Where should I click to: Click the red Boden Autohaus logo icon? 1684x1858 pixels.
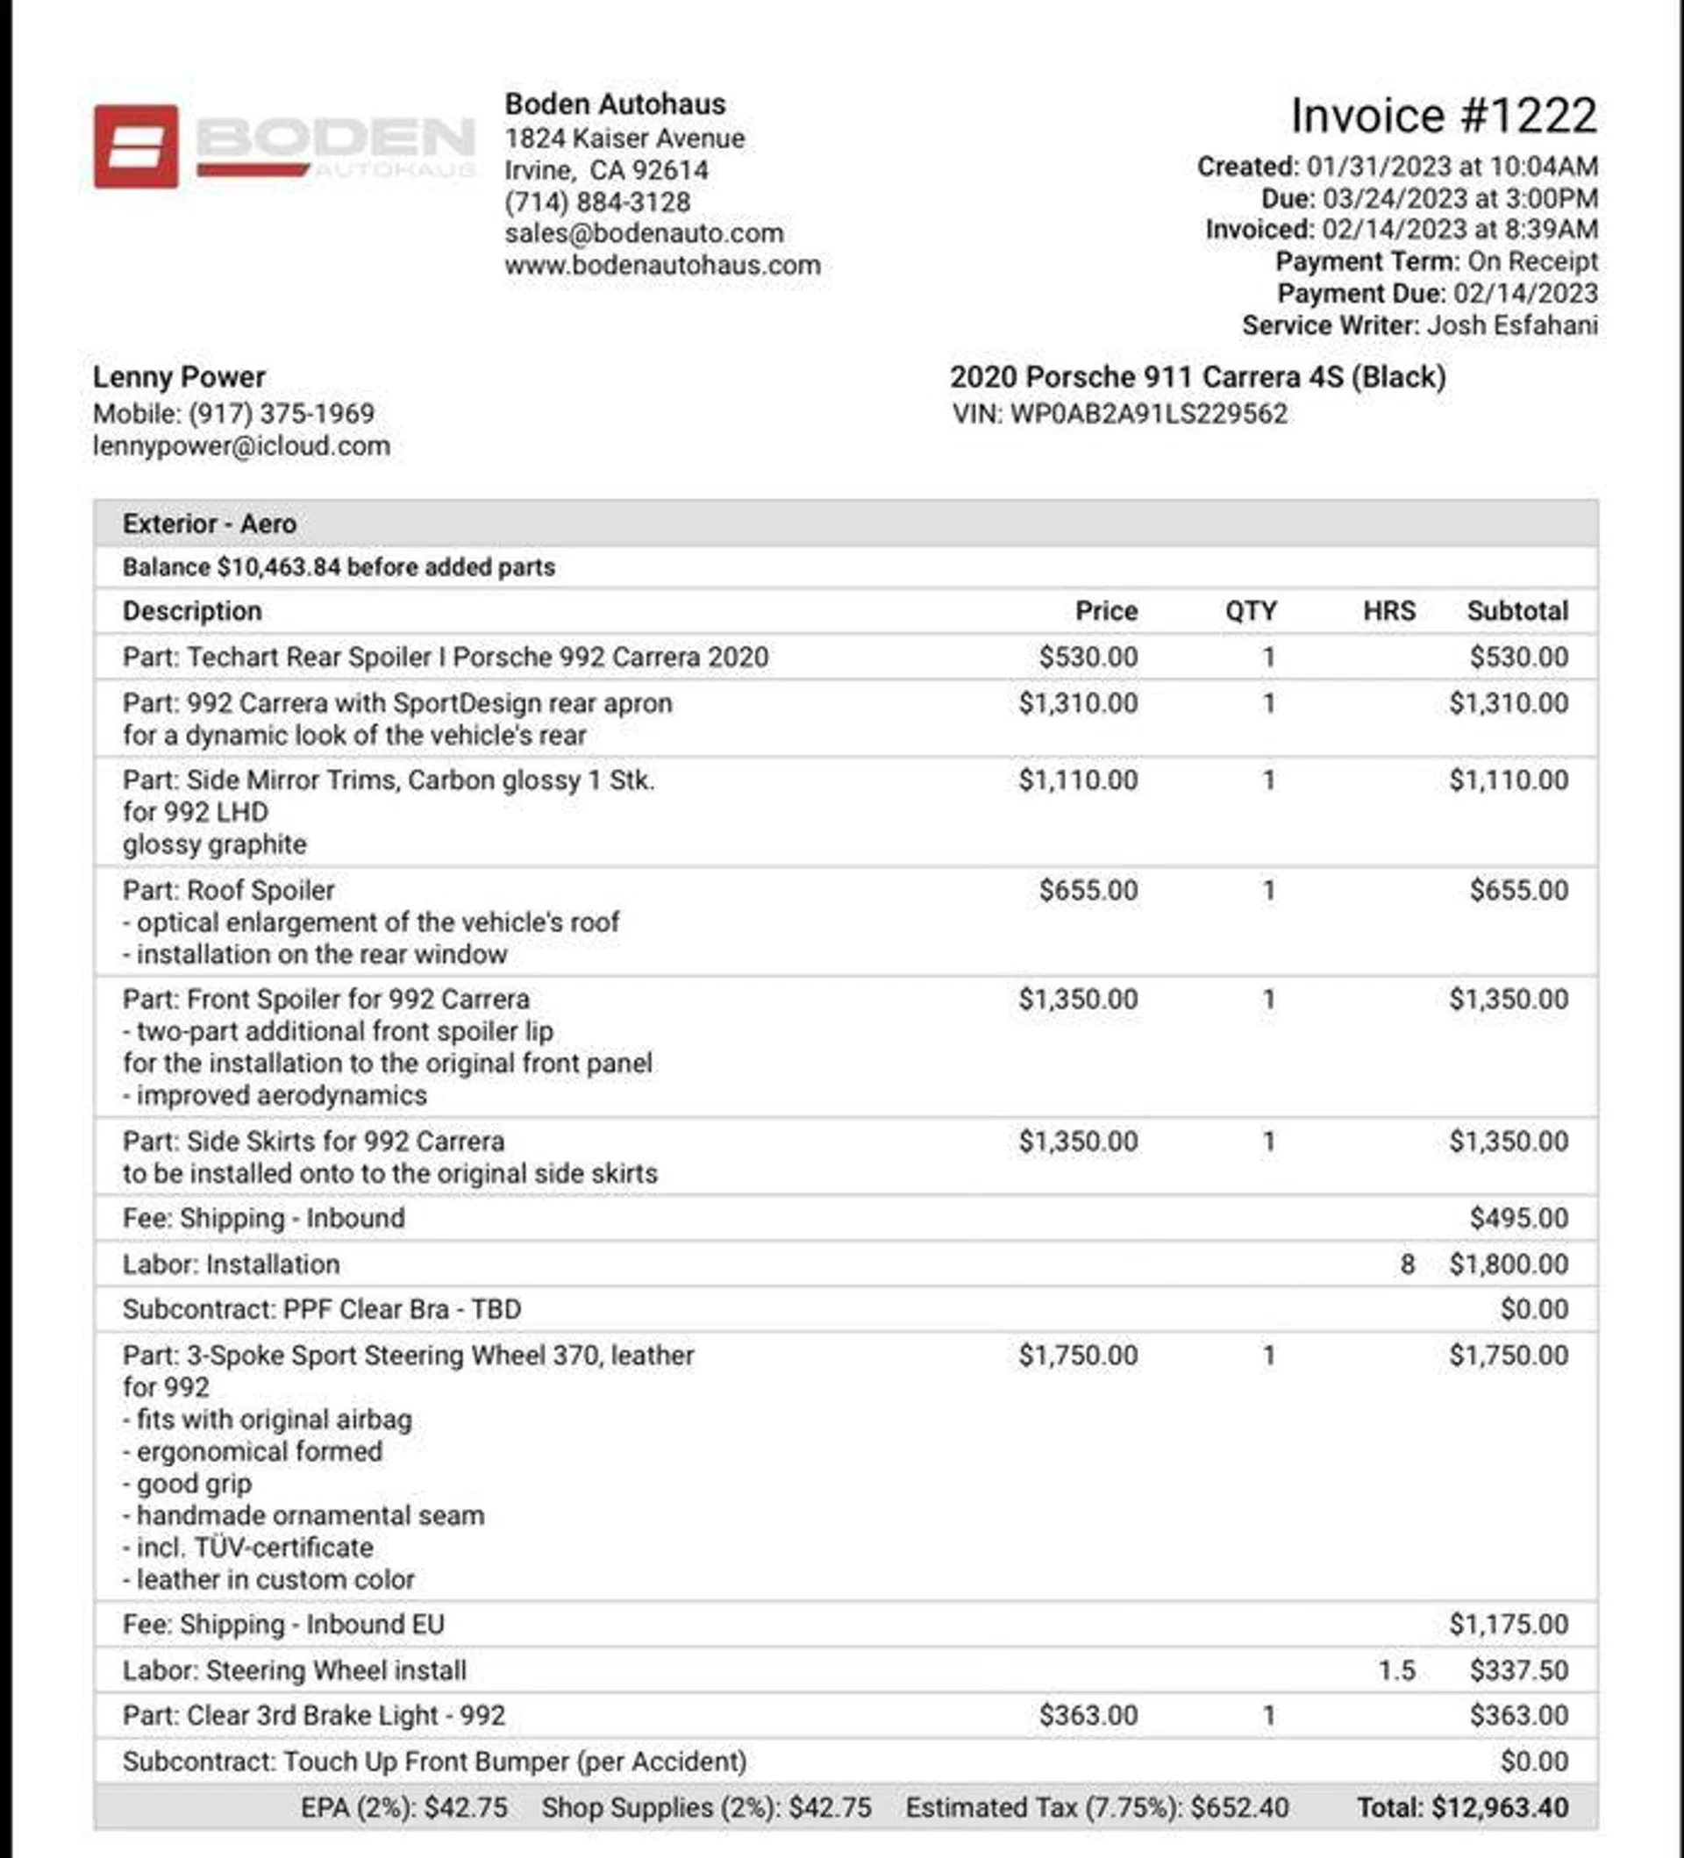(x=135, y=146)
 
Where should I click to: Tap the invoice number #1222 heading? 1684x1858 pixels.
(x=1443, y=116)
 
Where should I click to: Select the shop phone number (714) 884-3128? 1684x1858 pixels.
(x=597, y=202)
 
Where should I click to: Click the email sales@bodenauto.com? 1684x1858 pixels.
(x=644, y=233)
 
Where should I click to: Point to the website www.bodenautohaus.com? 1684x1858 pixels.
(x=662, y=266)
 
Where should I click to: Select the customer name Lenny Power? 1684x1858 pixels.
(x=179, y=377)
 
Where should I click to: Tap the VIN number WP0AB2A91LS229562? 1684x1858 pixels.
(x=1147, y=414)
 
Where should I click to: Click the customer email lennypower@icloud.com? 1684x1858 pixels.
(x=241, y=446)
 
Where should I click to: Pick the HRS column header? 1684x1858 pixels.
(x=1388, y=611)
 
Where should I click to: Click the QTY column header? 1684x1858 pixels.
(x=1250, y=611)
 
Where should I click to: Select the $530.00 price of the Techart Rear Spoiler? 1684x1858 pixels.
(x=1088, y=657)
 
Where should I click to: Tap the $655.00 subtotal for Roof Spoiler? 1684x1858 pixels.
(x=1518, y=890)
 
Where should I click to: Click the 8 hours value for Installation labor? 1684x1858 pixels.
(x=1407, y=1264)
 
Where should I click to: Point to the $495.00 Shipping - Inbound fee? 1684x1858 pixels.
(x=1518, y=1219)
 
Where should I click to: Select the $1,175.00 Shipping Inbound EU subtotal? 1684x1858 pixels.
(x=1508, y=1625)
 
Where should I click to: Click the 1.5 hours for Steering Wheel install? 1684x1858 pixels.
(x=1396, y=1671)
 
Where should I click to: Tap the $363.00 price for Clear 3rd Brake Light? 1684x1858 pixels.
(x=1088, y=1716)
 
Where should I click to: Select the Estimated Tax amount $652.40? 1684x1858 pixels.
(x=1238, y=1808)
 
